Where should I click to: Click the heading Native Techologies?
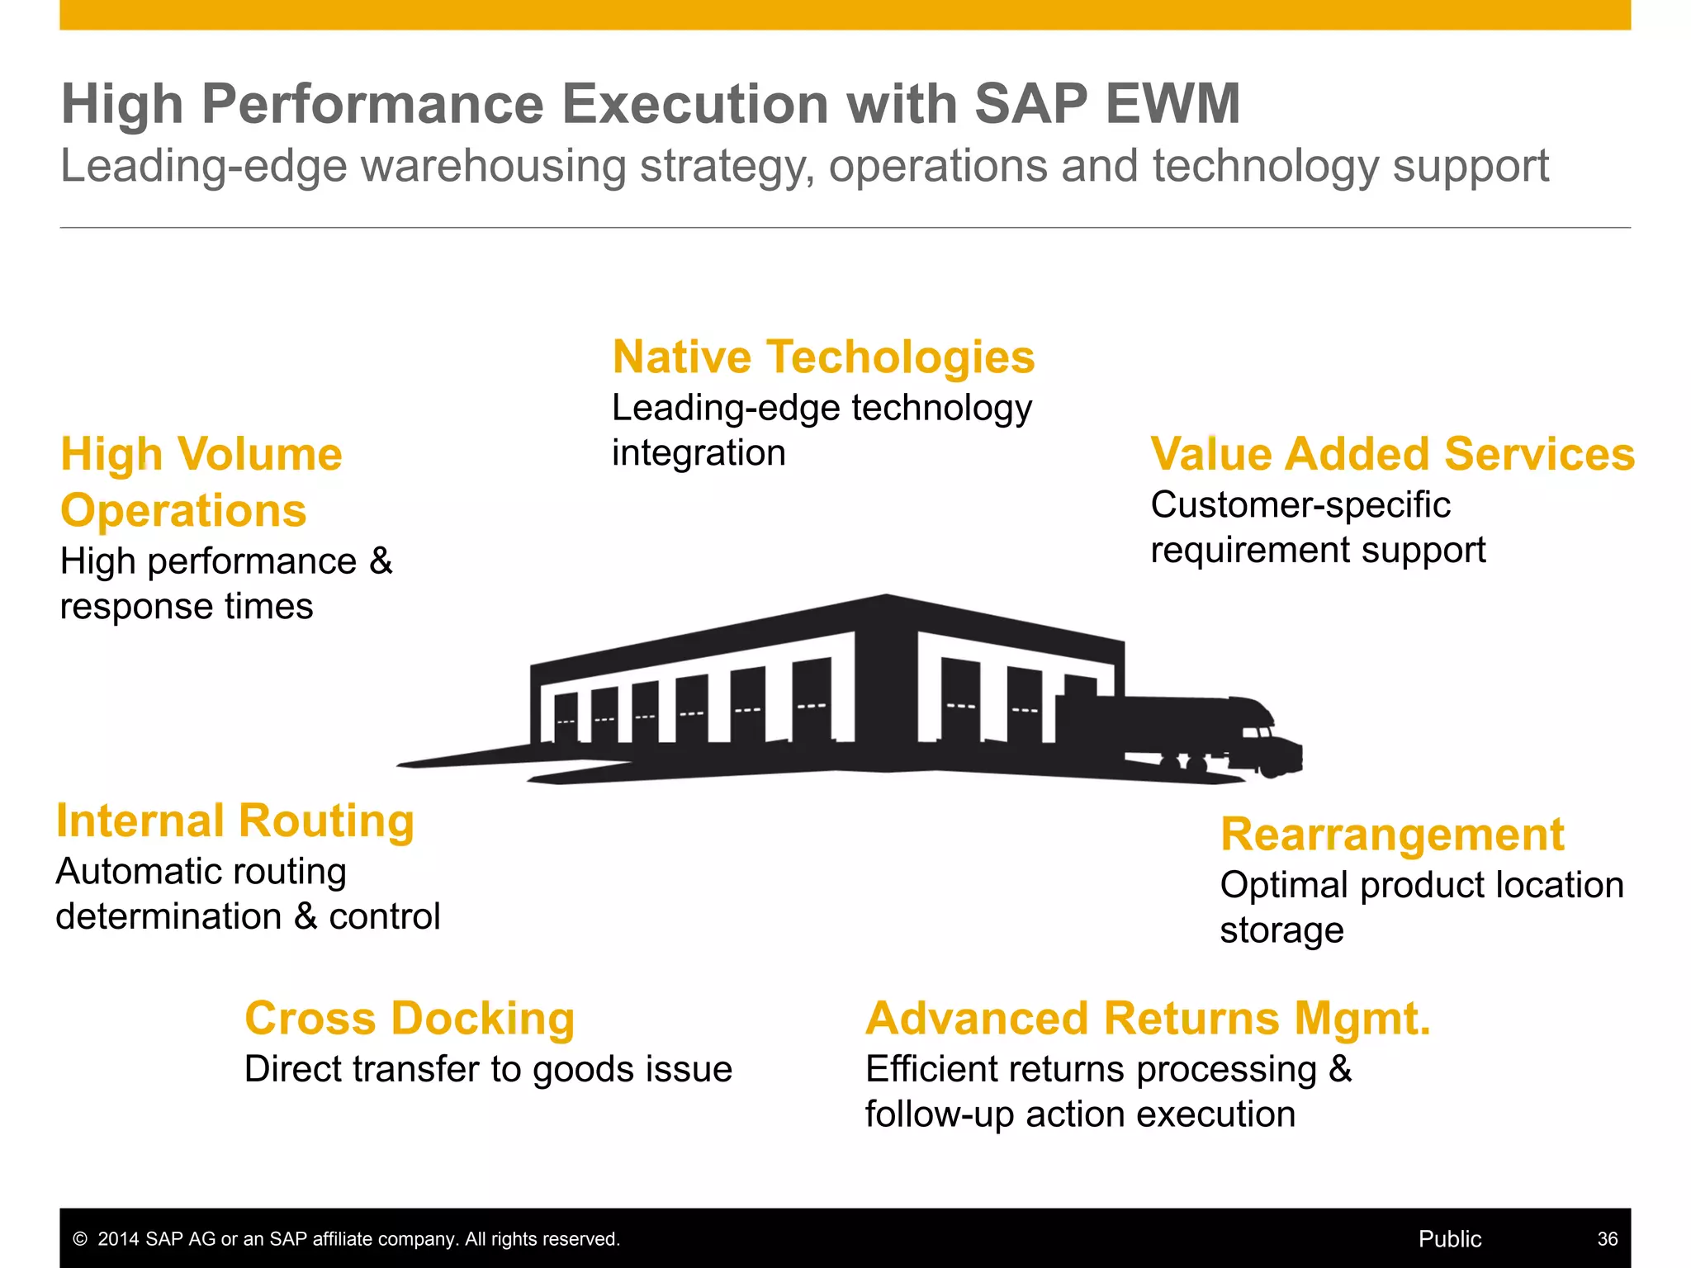[823, 357]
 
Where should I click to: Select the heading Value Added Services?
[1392, 454]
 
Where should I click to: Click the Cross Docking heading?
[410, 1018]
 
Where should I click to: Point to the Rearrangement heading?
[1392, 834]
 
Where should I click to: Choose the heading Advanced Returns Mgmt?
[1148, 1018]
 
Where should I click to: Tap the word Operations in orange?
[183, 510]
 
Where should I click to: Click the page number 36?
[1607, 1238]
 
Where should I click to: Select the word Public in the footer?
[1450, 1238]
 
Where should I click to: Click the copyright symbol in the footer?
[80, 1239]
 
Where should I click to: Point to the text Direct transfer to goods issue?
[488, 1069]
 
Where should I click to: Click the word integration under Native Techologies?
[699, 453]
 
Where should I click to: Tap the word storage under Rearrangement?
[1281, 930]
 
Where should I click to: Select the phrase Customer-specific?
[1300, 504]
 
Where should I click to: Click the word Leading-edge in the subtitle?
[204, 166]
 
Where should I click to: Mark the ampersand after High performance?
[381, 561]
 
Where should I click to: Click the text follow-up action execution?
[1080, 1114]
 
